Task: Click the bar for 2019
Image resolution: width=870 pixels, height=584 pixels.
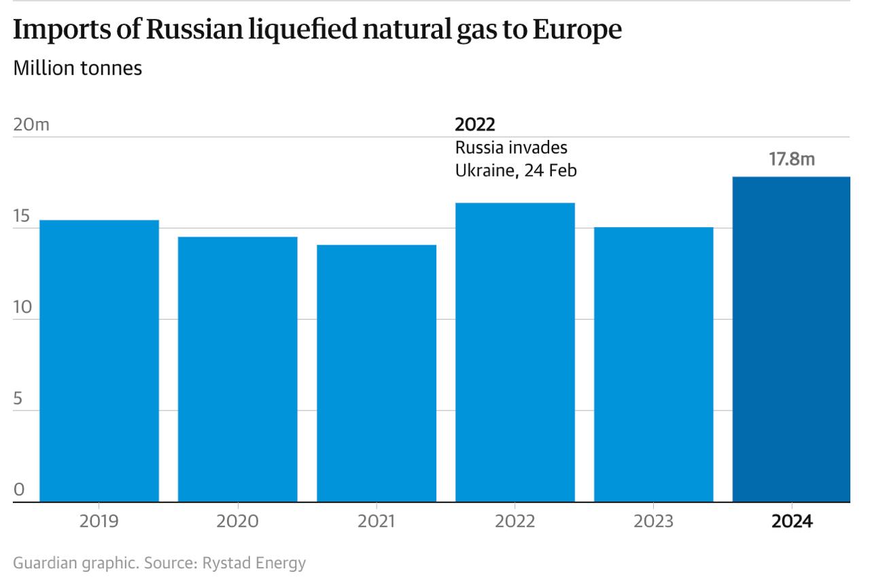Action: pos(99,360)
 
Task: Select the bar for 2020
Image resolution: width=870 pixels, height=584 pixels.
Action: pos(238,369)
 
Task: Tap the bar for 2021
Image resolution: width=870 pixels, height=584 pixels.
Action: pos(377,373)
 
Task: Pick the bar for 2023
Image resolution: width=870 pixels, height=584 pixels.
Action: pos(654,364)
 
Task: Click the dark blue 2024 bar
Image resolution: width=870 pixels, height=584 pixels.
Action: pos(792,339)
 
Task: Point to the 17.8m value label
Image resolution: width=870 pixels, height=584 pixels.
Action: pos(792,160)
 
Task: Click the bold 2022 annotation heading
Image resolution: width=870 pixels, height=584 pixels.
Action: pos(475,125)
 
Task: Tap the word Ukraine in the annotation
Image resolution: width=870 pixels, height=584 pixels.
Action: pos(483,170)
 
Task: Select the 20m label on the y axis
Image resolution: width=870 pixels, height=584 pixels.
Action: pos(31,125)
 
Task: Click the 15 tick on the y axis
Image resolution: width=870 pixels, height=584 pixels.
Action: pos(22,217)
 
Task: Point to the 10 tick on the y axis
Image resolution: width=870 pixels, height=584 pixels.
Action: pos(22,308)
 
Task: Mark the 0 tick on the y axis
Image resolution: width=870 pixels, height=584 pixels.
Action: pos(19,490)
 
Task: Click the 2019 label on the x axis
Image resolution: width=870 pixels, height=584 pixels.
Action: pos(99,521)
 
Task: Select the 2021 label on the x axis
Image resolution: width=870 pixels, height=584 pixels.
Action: pos(377,521)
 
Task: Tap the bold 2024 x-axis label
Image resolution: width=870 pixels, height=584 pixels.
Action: pos(792,521)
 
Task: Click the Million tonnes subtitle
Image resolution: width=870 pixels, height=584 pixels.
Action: pos(77,69)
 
